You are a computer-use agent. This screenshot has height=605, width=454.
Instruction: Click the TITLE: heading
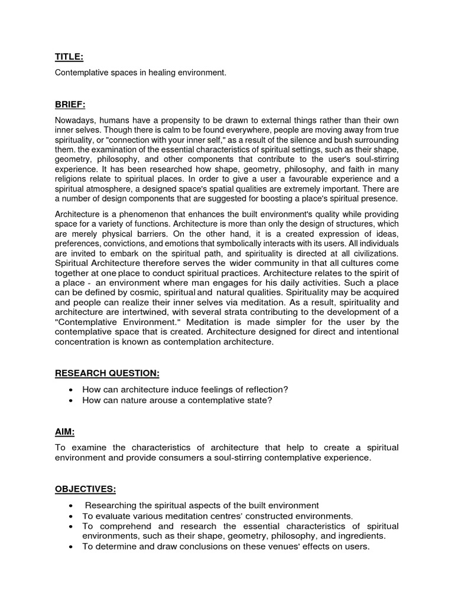tap(69, 57)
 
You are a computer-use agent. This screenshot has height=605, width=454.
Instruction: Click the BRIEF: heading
tap(70, 105)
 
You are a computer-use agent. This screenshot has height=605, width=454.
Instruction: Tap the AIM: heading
tap(66, 432)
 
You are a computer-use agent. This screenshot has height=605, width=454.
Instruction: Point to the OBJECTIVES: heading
tap(85, 490)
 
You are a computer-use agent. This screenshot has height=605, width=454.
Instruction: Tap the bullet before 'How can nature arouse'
tap(71, 400)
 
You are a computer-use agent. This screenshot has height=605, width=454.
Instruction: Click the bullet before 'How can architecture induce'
tap(71, 389)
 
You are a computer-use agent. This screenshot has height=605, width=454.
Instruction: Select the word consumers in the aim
tap(174, 458)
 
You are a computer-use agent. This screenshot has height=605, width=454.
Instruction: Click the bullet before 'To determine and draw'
tap(71, 547)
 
